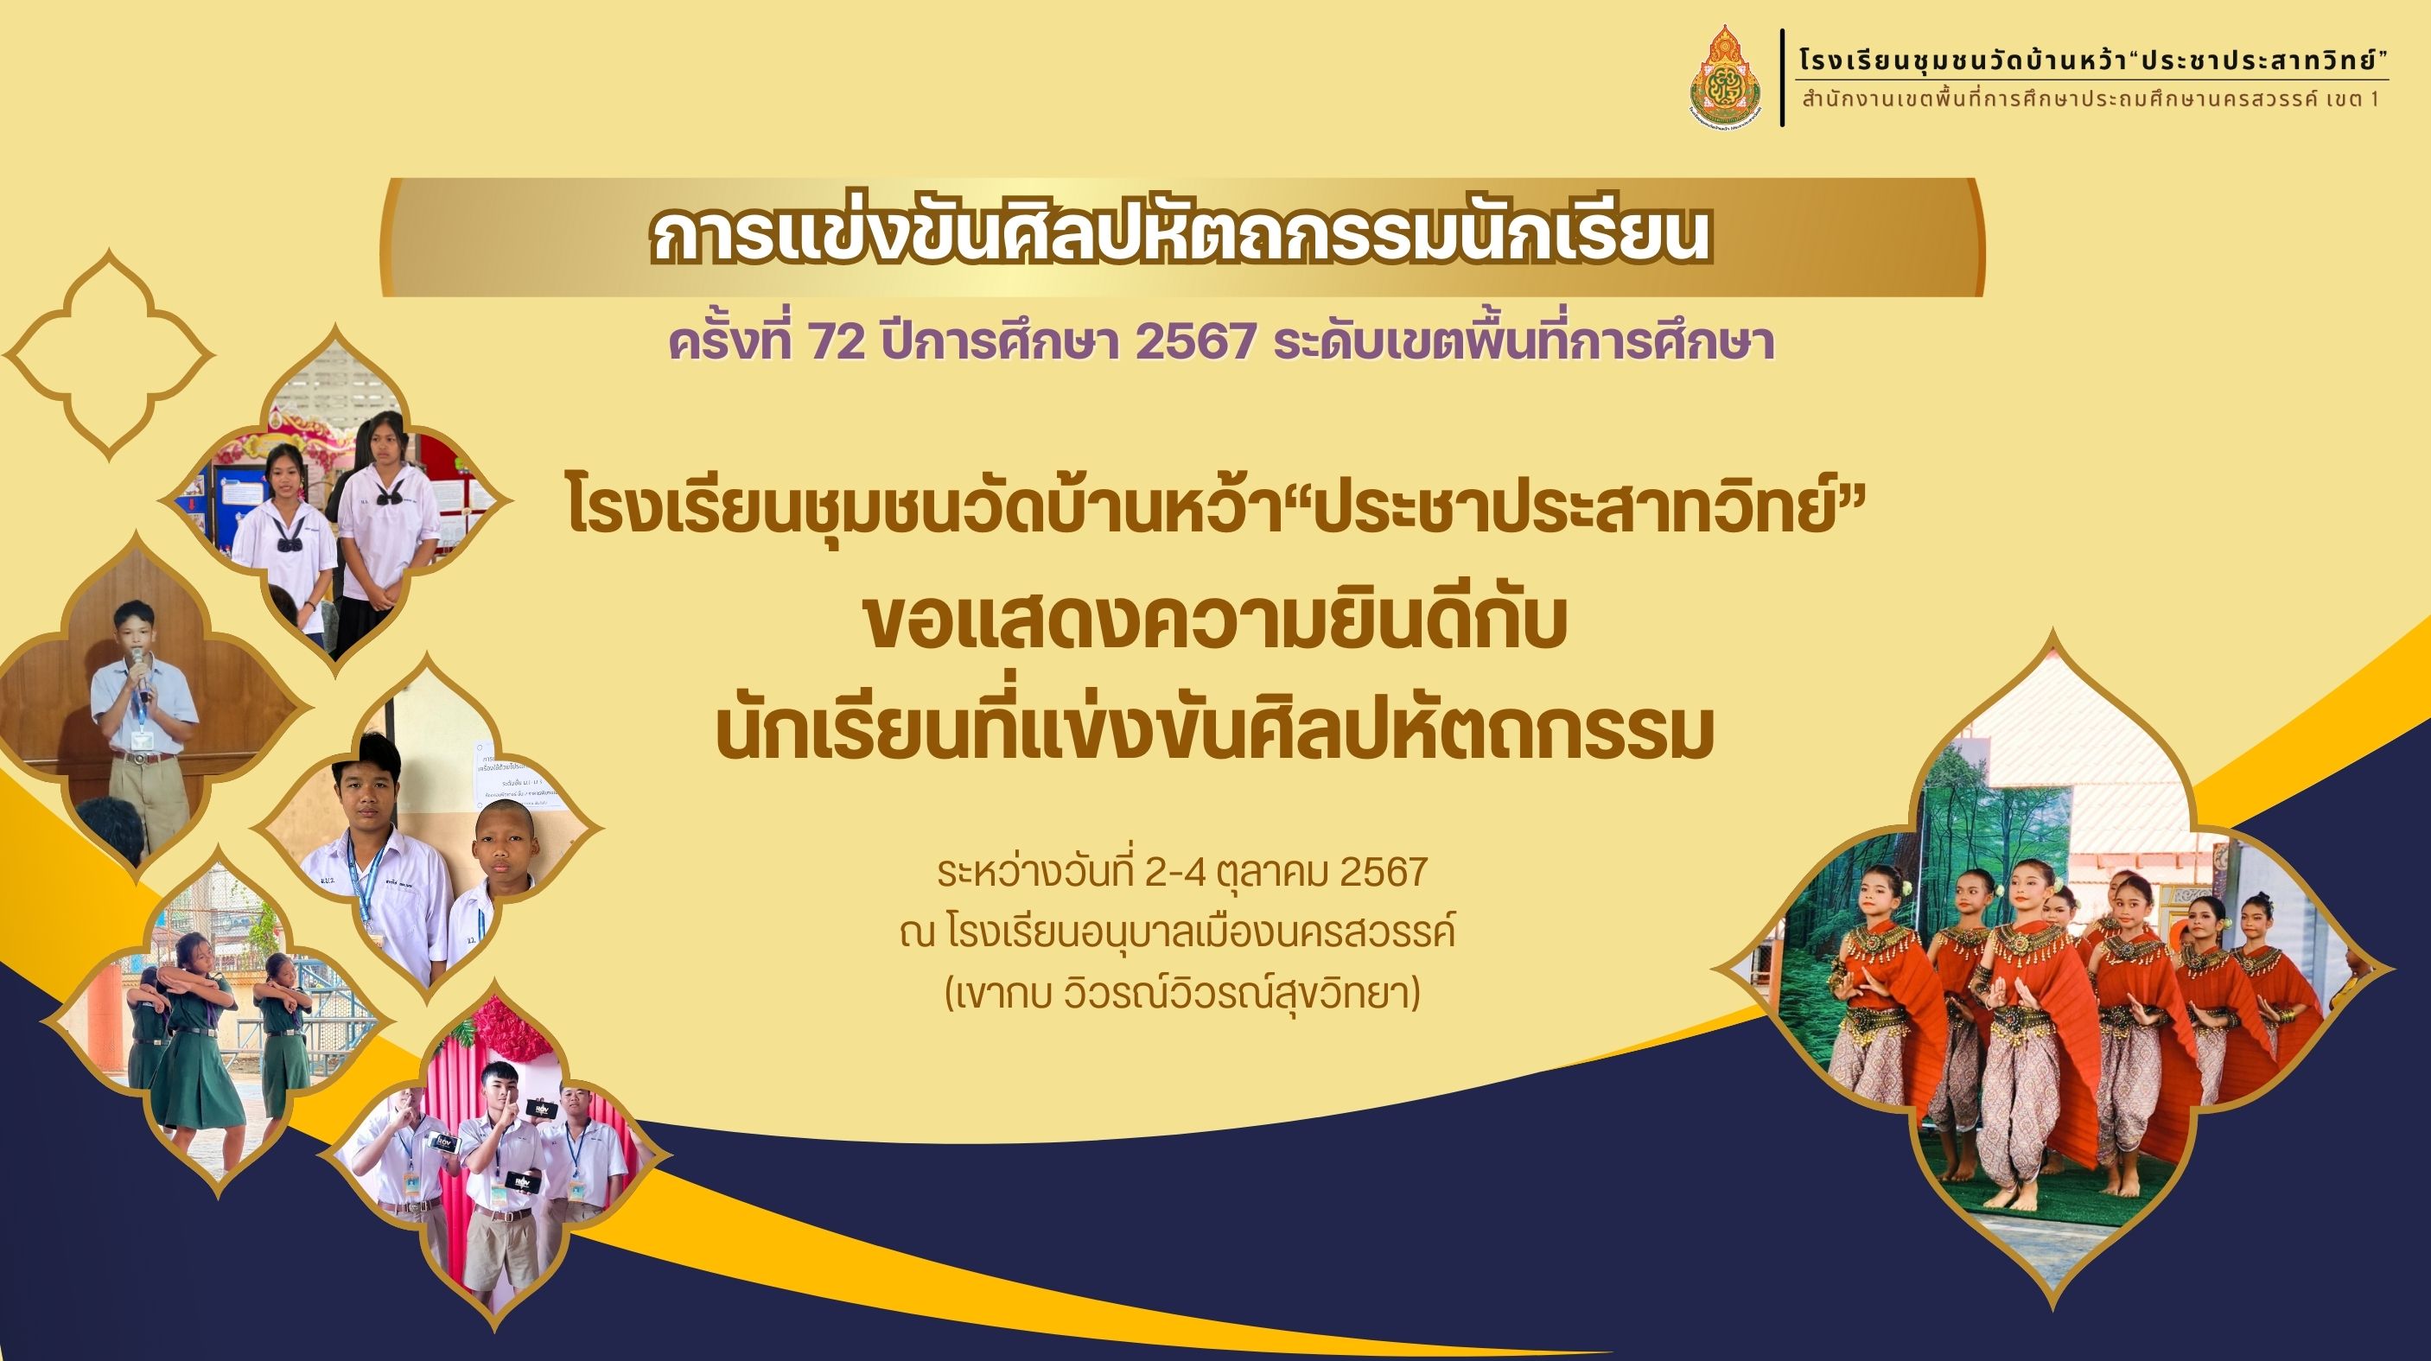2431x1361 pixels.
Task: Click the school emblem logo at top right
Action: point(1726,78)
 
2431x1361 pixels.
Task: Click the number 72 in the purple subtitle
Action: point(837,340)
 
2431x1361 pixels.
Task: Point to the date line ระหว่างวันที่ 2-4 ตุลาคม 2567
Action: point(1182,872)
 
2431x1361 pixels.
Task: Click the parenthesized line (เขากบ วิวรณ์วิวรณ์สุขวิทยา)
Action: point(1182,994)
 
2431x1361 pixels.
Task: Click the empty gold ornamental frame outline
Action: point(110,354)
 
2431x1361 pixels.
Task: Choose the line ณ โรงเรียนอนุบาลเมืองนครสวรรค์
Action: point(1177,932)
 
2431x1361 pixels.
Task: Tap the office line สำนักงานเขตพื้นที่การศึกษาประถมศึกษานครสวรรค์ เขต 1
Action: point(2099,99)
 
